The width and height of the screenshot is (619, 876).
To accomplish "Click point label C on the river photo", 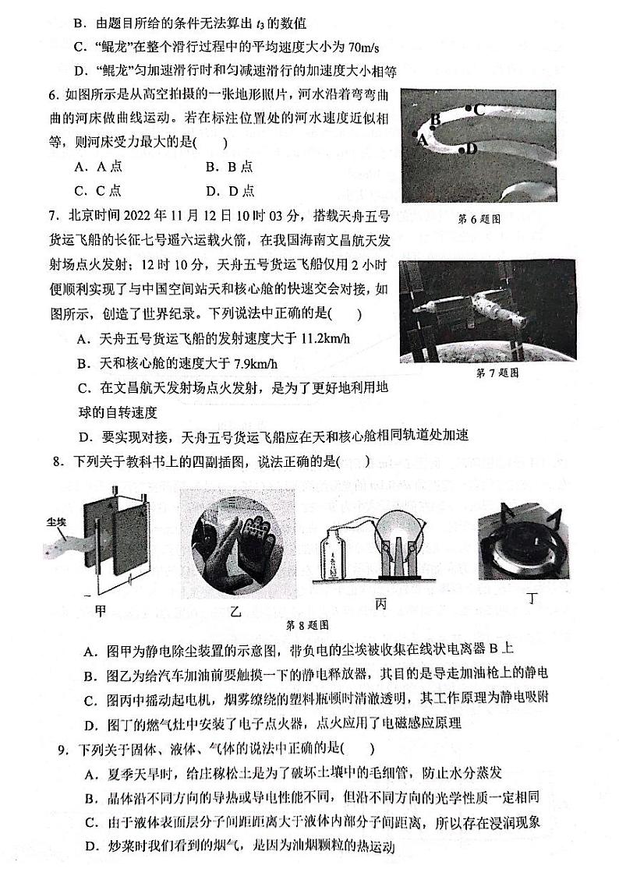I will click(x=479, y=110).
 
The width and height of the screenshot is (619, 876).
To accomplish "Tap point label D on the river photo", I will click(x=471, y=148).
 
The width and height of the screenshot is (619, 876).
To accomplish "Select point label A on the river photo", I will click(x=422, y=140).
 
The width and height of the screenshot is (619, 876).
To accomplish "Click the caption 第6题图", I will click(x=479, y=219).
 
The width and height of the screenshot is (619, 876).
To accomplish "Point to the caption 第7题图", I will click(x=497, y=373).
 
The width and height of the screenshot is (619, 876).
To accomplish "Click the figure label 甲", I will click(x=100, y=610).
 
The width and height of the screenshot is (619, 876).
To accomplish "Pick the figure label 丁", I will click(x=532, y=598).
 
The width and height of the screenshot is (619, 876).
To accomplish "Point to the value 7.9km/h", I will click(x=251, y=363).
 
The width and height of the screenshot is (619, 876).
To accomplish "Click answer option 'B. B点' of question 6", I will click(x=229, y=167).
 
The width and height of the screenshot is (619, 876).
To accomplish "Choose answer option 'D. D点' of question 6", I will click(x=230, y=191).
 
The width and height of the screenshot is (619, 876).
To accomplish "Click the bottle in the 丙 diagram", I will click(x=335, y=557).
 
